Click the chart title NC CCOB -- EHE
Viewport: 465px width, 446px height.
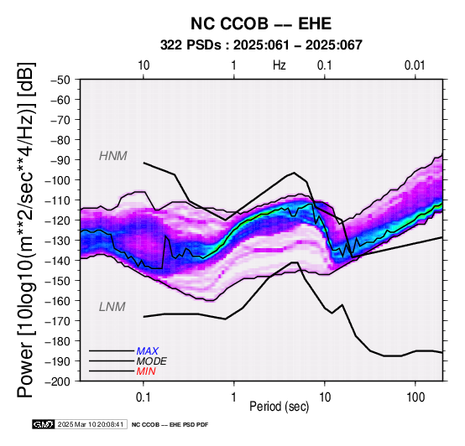click(x=261, y=23)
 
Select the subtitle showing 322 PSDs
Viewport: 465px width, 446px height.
click(x=261, y=45)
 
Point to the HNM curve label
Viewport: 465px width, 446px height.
click(x=113, y=156)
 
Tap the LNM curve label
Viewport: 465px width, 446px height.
click(x=112, y=307)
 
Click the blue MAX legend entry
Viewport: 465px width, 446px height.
click(x=148, y=351)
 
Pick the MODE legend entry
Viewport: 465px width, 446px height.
click(x=152, y=361)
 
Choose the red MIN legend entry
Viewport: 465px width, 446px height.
click(x=146, y=371)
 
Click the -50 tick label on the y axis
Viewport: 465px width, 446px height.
click(x=60, y=80)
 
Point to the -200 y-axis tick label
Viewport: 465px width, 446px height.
click(x=58, y=381)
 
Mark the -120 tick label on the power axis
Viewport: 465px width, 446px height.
click(x=58, y=220)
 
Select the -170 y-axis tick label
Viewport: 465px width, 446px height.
click(x=58, y=321)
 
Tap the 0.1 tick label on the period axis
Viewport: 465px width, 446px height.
click(x=143, y=397)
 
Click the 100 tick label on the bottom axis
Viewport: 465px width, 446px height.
click(x=415, y=397)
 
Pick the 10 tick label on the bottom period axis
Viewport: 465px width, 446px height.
click(x=325, y=397)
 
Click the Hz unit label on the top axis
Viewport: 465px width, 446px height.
click(x=280, y=65)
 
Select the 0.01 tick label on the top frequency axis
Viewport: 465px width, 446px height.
click(x=415, y=65)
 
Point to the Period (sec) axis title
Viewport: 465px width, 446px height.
click(x=279, y=407)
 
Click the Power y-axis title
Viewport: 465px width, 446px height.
click(x=26, y=230)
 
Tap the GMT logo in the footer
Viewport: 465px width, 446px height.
click(x=44, y=424)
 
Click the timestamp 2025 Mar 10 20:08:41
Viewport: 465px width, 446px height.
click(x=91, y=424)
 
